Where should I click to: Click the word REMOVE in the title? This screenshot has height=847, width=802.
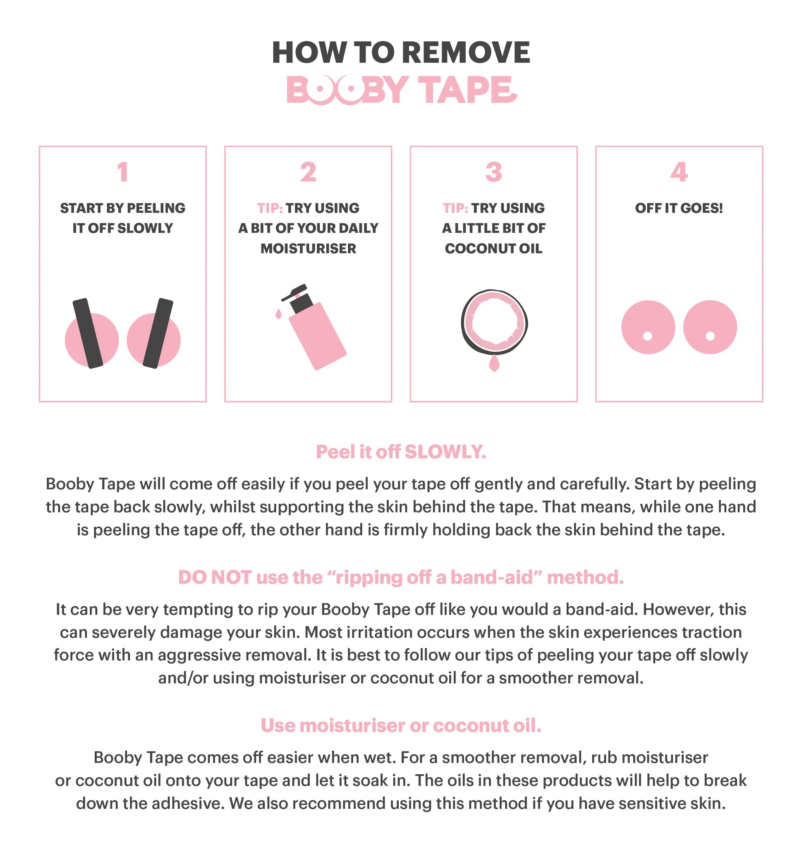[466, 53]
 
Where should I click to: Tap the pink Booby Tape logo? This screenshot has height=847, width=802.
[402, 90]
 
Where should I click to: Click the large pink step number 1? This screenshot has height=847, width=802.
[123, 172]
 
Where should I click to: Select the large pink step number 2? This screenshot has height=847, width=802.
[308, 172]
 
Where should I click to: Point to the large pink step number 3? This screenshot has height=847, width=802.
[493, 172]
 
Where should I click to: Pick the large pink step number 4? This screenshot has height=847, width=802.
[679, 172]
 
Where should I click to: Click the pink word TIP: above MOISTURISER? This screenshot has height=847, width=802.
[270, 208]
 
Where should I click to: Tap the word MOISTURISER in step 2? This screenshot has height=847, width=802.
[308, 249]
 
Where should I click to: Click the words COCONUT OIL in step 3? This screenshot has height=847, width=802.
[493, 249]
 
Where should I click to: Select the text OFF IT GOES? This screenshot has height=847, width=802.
[679, 208]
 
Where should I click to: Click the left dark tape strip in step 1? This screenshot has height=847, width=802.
[88, 333]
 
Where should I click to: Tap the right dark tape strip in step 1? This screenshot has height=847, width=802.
[158, 333]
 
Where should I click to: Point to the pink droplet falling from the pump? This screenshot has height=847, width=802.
[279, 314]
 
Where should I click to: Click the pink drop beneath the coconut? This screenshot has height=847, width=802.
[494, 364]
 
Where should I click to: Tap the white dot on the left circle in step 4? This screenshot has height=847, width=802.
[648, 336]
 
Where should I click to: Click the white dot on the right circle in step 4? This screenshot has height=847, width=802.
[710, 336]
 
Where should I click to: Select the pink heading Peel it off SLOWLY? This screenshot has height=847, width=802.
[401, 452]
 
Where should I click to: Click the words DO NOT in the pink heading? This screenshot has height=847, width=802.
[215, 578]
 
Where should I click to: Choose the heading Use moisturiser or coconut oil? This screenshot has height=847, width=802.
[401, 725]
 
